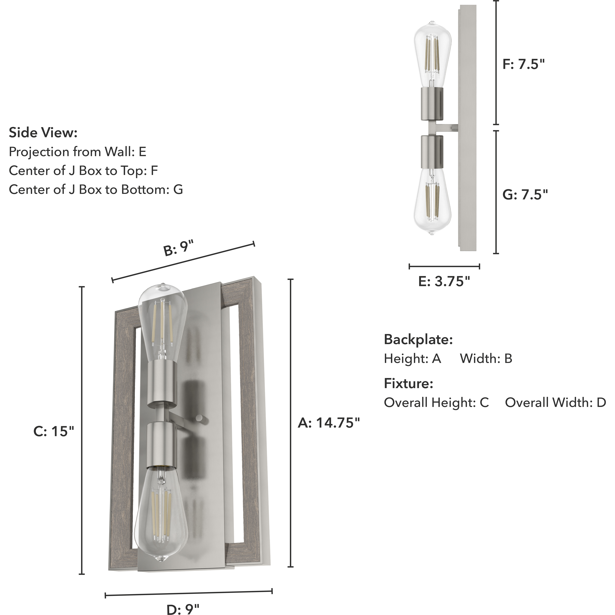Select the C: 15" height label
tap(53, 431)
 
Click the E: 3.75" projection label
tap(444, 281)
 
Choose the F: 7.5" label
tap(524, 64)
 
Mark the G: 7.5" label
tap(525, 194)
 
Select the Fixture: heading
tap(408, 384)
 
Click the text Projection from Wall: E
tap(77, 152)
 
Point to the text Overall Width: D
tap(555, 403)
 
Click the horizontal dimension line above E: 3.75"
tap(444, 266)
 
